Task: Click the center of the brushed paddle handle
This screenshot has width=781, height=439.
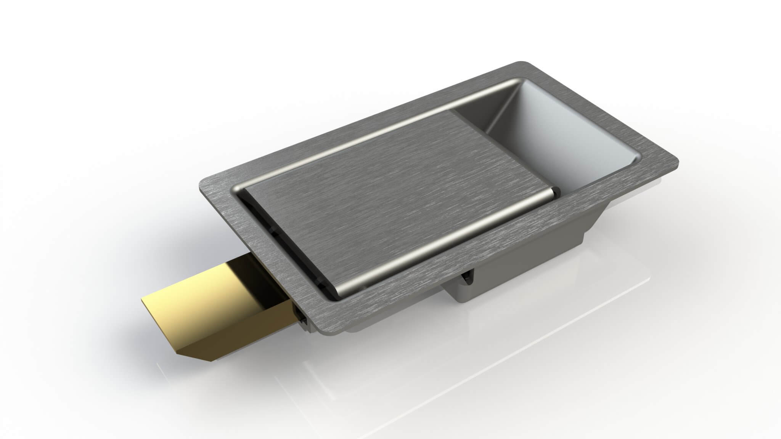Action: pyautogui.click(x=381, y=202)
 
